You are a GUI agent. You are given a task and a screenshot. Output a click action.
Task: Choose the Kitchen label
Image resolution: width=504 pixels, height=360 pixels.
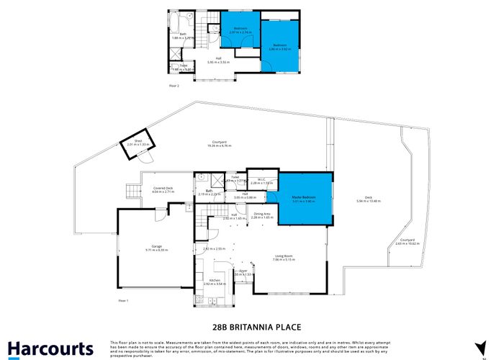[215, 282]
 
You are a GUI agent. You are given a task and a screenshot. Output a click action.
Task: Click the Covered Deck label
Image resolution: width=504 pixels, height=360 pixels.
[163, 189]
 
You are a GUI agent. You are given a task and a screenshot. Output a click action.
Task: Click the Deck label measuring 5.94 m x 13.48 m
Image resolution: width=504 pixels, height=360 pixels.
[368, 199]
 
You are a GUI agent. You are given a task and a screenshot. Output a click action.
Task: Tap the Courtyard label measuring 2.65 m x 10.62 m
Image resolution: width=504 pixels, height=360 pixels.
[408, 242]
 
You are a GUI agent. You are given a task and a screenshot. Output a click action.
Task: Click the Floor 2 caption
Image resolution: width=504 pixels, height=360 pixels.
[174, 86]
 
